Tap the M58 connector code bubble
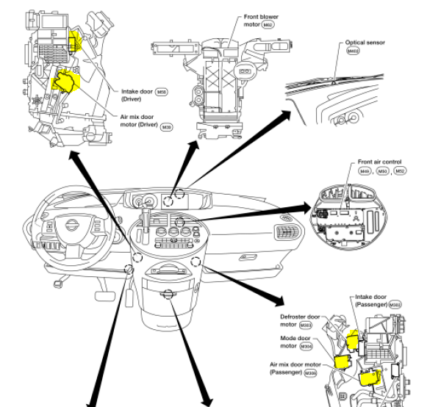[162, 92]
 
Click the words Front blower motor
[262, 20]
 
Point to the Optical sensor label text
[365, 43]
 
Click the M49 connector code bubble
[365, 171]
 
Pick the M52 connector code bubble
[400, 171]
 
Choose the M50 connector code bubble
[382, 171]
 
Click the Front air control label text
[380, 162]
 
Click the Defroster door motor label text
[298, 321]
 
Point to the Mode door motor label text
[298, 342]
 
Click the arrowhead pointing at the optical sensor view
[286, 114]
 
